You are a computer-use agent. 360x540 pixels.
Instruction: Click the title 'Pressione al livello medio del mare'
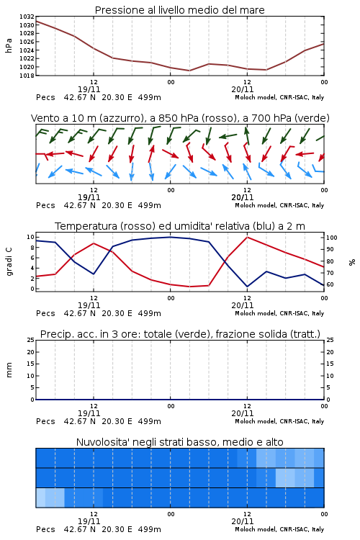pos(179,10)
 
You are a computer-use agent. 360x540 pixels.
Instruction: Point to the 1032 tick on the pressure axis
pos(27,17)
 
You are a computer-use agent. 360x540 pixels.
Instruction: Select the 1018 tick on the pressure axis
pos(27,76)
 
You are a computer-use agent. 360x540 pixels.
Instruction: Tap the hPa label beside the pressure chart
pos(9,45)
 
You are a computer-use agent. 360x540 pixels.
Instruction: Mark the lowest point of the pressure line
pos(189,71)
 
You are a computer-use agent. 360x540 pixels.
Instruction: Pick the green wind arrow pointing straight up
pos(247,135)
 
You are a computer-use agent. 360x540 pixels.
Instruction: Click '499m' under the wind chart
pos(150,205)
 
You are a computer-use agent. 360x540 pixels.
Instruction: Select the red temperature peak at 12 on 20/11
pos(247,237)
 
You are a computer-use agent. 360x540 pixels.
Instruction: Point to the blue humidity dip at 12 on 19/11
pos(94,274)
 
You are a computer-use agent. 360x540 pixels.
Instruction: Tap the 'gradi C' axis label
pos(9,261)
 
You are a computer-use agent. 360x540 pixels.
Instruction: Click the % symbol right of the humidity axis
pos(352,262)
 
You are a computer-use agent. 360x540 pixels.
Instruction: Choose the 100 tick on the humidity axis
pos(332,238)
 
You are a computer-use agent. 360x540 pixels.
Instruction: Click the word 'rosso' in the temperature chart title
pos(137,226)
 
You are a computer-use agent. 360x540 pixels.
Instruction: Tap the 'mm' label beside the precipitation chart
pos(9,370)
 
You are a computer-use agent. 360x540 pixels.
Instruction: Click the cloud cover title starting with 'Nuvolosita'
pos(179,442)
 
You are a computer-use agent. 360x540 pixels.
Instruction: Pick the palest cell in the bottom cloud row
pos(40,498)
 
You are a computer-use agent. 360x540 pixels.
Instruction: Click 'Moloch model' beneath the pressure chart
pos(256,97)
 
